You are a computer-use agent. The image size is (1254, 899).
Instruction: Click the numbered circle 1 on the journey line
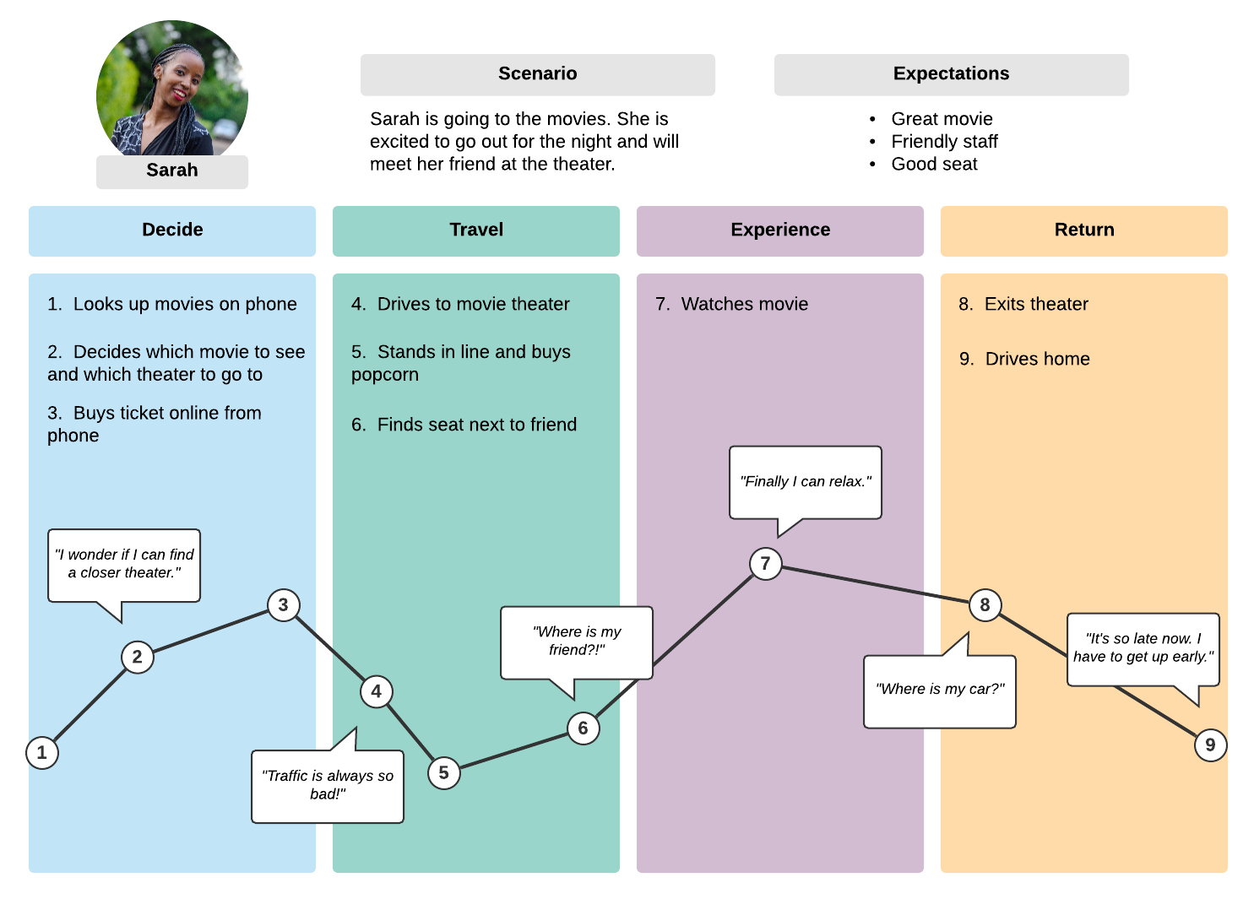[42, 752]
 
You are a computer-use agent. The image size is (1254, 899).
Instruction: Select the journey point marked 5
[444, 772]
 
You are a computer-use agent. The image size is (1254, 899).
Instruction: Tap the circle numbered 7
[765, 563]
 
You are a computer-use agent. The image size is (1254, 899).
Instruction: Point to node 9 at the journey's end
[1210, 745]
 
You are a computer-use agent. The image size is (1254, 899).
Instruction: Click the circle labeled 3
[284, 604]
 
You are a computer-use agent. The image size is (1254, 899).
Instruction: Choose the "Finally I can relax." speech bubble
[806, 482]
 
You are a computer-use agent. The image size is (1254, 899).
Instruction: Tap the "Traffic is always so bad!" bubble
[328, 785]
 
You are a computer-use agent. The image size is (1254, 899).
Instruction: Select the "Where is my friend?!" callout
[577, 642]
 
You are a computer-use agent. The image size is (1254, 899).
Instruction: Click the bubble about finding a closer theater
[124, 564]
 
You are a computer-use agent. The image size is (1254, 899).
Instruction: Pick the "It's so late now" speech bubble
[1143, 648]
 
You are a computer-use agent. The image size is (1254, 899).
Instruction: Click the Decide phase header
[172, 230]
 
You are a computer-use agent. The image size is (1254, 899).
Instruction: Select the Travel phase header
[476, 230]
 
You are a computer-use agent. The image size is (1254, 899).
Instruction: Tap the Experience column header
[780, 230]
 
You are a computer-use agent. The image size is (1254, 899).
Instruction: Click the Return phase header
[1084, 230]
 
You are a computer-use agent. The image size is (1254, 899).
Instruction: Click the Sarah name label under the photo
[172, 171]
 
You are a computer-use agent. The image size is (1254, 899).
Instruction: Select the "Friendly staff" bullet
[944, 142]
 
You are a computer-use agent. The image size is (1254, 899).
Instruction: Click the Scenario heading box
[538, 74]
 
